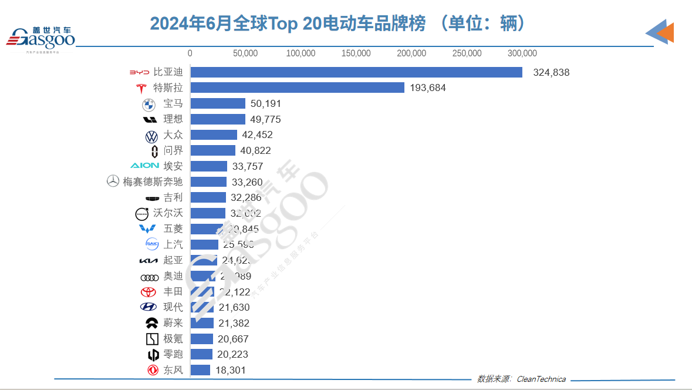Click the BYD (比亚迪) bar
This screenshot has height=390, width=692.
[x=356, y=72]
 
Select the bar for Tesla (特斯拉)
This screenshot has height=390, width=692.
[x=297, y=88]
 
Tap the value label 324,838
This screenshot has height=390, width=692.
[x=551, y=73]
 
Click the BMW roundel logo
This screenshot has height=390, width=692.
[x=148, y=105]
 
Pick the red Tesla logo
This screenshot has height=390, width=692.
[x=141, y=88]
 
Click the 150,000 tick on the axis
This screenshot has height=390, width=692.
[x=356, y=53]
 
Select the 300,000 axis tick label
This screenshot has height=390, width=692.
[x=522, y=53]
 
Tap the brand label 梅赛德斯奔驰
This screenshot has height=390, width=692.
[x=153, y=182]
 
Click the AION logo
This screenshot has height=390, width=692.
[x=144, y=166]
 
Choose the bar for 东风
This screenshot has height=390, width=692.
[x=200, y=370]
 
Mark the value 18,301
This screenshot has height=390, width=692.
[x=230, y=370]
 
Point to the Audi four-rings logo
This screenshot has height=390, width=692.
[x=149, y=277]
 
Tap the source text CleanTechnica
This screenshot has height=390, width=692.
[x=541, y=379]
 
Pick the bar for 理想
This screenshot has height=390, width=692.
[x=218, y=119]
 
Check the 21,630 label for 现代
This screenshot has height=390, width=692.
[x=234, y=307]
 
